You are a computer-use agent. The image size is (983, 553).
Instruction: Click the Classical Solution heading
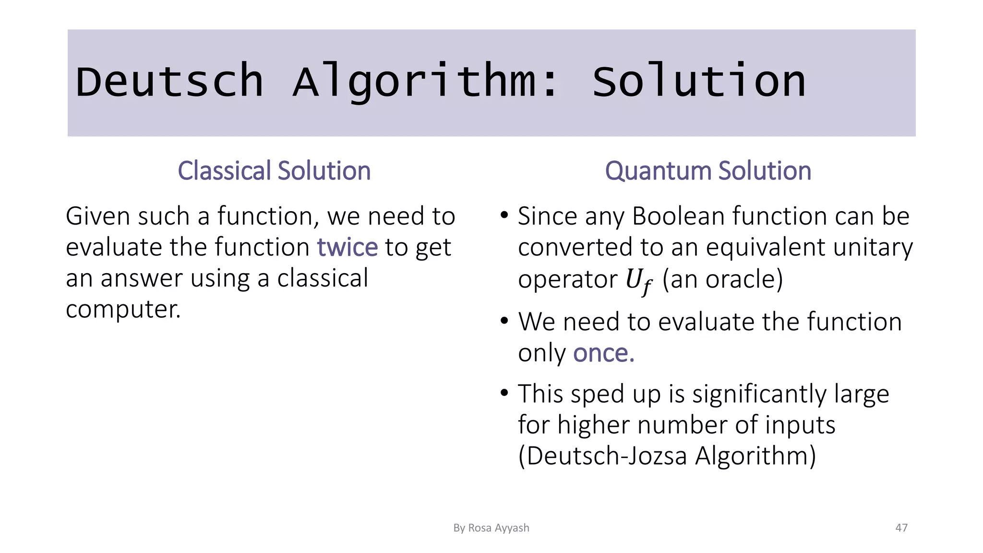tap(274, 171)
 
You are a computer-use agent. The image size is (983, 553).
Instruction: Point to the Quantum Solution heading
tap(708, 171)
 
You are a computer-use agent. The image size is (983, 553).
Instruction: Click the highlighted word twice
tap(347, 247)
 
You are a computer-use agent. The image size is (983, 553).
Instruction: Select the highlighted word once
tap(603, 353)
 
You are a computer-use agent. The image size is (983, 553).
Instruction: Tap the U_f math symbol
tap(639, 281)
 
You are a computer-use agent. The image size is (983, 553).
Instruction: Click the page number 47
tap(901, 528)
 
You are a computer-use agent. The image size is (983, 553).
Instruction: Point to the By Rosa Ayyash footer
tap(491, 528)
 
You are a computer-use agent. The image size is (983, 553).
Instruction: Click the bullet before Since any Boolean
tap(504, 216)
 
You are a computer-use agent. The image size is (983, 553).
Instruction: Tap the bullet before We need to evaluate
tap(504, 321)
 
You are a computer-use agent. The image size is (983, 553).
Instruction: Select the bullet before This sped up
tap(504, 393)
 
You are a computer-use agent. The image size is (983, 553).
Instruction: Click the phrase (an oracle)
tap(723, 279)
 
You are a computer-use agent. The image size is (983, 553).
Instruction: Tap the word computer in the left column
tap(123, 309)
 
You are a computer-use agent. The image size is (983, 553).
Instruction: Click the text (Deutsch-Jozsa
tap(602, 456)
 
